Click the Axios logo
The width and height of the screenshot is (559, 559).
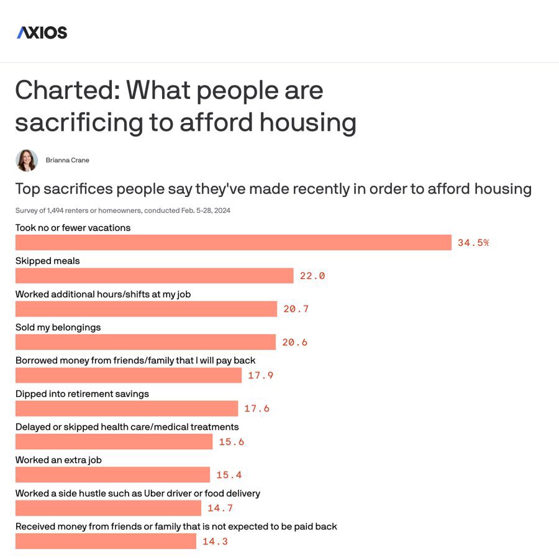[x=42, y=32]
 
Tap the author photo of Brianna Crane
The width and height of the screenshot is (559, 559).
[x=27, y=160]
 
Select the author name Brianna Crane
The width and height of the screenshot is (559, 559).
[x=68, y=160]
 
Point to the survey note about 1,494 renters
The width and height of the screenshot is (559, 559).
[x=123, y=211]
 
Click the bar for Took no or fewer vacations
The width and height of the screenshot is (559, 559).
[x=233, y=243]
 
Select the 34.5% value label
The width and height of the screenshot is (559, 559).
[x=473, y=243]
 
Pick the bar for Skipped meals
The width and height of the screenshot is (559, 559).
[x=154, y=276]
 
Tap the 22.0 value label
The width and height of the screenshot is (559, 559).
[x=312, y=276]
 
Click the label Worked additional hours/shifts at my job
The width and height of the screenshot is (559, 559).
[x=103, y=294]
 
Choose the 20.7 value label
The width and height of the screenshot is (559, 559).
[x=296, y=309]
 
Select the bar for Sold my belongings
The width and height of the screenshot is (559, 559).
[x=145, y=342]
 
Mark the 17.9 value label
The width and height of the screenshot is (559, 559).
[x=261, y=375]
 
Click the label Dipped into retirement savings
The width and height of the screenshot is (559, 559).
[x=82, y=394]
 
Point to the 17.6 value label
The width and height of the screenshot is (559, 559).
[x=257, y=409]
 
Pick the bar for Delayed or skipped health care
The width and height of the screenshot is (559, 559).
[x=114, y=442]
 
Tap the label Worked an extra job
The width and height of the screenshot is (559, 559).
[x=58, y=460]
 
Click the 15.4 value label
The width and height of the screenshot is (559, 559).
[x=229, y=475]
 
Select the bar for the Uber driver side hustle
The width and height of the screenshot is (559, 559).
[x=108, y=508]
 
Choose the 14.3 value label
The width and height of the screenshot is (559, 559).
[x=216, y=542]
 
